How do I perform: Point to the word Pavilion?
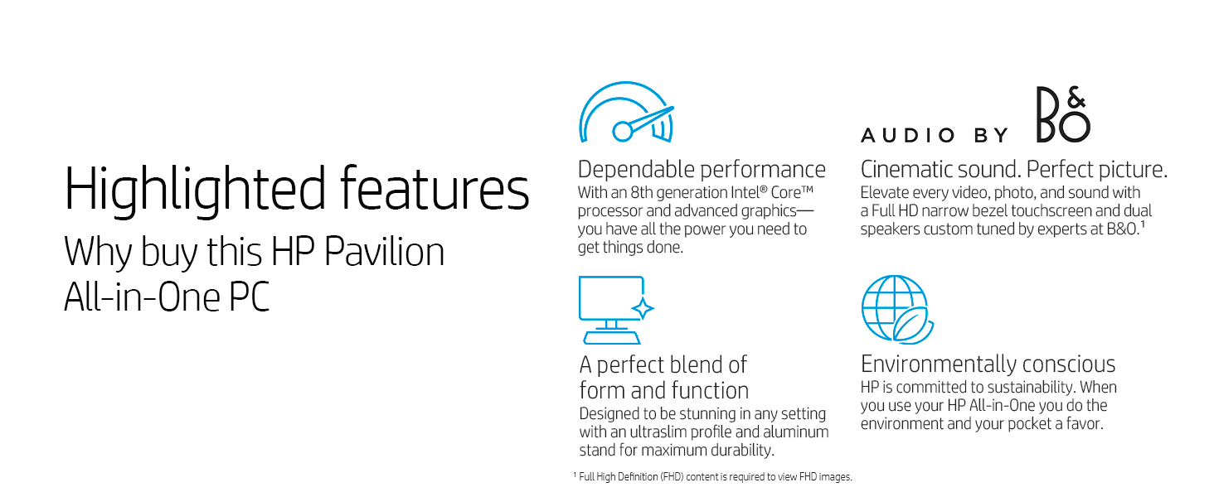coord(384,252)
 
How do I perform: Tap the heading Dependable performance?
coord(702,170)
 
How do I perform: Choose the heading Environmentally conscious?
coord(988,364)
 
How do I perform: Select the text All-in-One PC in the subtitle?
coord(167,297)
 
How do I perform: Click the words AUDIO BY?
coord(935,135)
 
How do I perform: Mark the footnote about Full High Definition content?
coord(712,477)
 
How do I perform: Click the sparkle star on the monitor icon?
coord(643,309)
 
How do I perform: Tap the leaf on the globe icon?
coord(913,325)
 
